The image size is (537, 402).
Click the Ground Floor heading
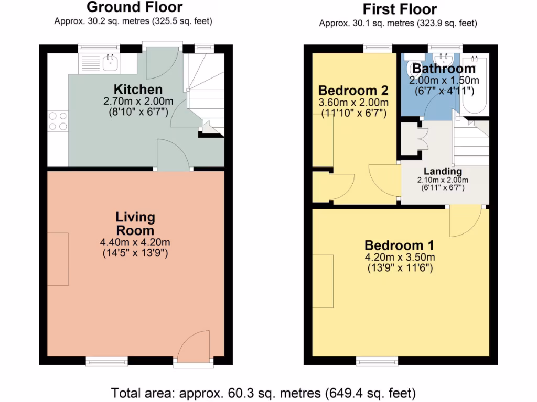[135, 7]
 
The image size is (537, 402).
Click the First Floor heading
[400, 9]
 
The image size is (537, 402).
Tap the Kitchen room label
[138, 89]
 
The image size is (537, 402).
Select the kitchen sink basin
[110, 63]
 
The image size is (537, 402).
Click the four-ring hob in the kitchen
[58, 121]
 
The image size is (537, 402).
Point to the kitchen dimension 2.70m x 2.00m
[138, 101]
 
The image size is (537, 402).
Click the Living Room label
[135, 224]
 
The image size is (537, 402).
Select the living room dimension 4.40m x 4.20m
[135, 242]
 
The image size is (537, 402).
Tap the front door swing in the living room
[193, 347]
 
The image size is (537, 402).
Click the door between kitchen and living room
[173, 154]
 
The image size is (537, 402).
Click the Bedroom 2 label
[353, 90]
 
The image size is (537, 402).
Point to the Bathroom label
[444, 69]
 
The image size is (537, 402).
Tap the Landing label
[443, 171]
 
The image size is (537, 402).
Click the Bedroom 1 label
[399, 245]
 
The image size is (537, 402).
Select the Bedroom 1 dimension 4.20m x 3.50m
[400, 257]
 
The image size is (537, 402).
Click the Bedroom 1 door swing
[466, 221]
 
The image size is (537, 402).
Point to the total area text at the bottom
[263, 393]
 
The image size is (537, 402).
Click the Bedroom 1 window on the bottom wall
[377, 361]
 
